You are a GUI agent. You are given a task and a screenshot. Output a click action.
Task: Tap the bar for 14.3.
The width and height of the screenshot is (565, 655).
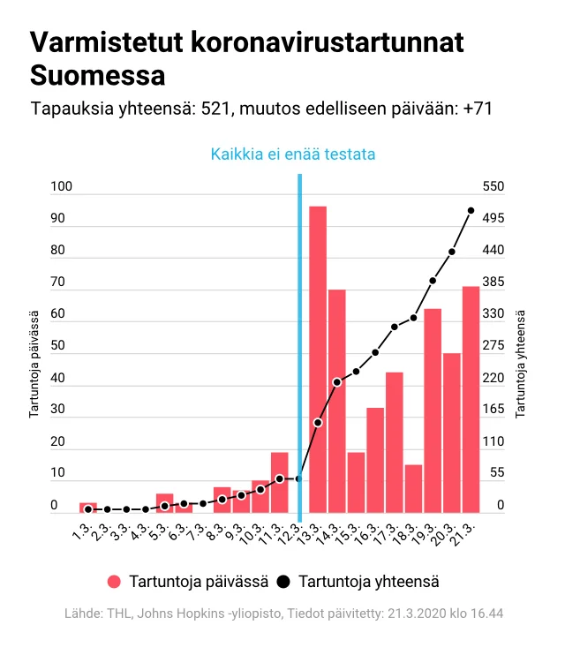[x=337, y=401]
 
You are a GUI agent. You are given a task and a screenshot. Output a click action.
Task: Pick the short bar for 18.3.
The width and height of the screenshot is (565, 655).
[x=413, y=488]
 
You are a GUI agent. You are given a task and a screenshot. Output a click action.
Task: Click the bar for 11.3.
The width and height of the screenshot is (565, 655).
[x=280, y=482]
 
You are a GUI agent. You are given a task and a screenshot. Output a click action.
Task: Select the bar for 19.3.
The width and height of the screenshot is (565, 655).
[x=433, y=410]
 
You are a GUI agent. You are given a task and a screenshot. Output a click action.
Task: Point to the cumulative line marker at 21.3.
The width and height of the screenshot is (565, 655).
[x=471, y=210]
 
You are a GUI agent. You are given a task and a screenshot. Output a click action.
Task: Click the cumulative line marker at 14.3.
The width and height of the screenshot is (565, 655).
[x=337, y=381]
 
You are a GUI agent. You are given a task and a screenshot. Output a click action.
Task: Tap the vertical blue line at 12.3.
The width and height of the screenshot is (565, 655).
[x=300, y=353]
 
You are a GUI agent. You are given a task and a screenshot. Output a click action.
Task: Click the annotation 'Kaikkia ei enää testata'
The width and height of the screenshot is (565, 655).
[x=293, y=154]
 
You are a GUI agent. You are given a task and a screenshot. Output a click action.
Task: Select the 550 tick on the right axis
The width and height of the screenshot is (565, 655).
[x=493, y=186]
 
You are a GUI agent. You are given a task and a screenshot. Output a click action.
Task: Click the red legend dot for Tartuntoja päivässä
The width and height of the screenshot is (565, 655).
[x=113, y=582]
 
